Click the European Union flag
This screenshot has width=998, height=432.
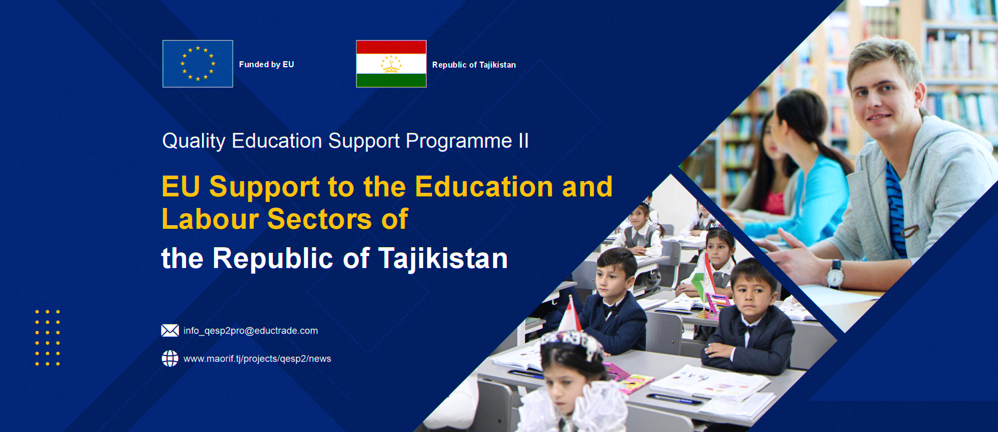[x=198, y=64]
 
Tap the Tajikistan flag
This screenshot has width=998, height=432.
[x=391, y=64]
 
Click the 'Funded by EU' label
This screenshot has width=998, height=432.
[x=266, y=64]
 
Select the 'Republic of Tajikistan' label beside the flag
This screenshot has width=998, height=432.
[x=474, y=65]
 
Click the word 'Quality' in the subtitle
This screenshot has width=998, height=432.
[x=194, y=141]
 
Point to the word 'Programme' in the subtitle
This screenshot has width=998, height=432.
[x=459, y=141]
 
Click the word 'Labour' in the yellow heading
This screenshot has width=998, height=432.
[x=210, y=219]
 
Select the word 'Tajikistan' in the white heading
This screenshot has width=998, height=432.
[x=443, y=258]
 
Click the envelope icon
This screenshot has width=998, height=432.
[x=170, y=331]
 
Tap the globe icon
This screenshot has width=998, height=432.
[x=170, y=358]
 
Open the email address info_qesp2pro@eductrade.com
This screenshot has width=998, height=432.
[x=251, y=331]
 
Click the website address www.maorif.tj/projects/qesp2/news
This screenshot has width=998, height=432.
[x=257, y=359]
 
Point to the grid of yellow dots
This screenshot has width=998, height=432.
[x=48, y=337]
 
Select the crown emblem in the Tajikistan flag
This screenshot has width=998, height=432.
[x=391, y=64]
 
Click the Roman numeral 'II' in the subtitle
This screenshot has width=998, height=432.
[x=523, y=141]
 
